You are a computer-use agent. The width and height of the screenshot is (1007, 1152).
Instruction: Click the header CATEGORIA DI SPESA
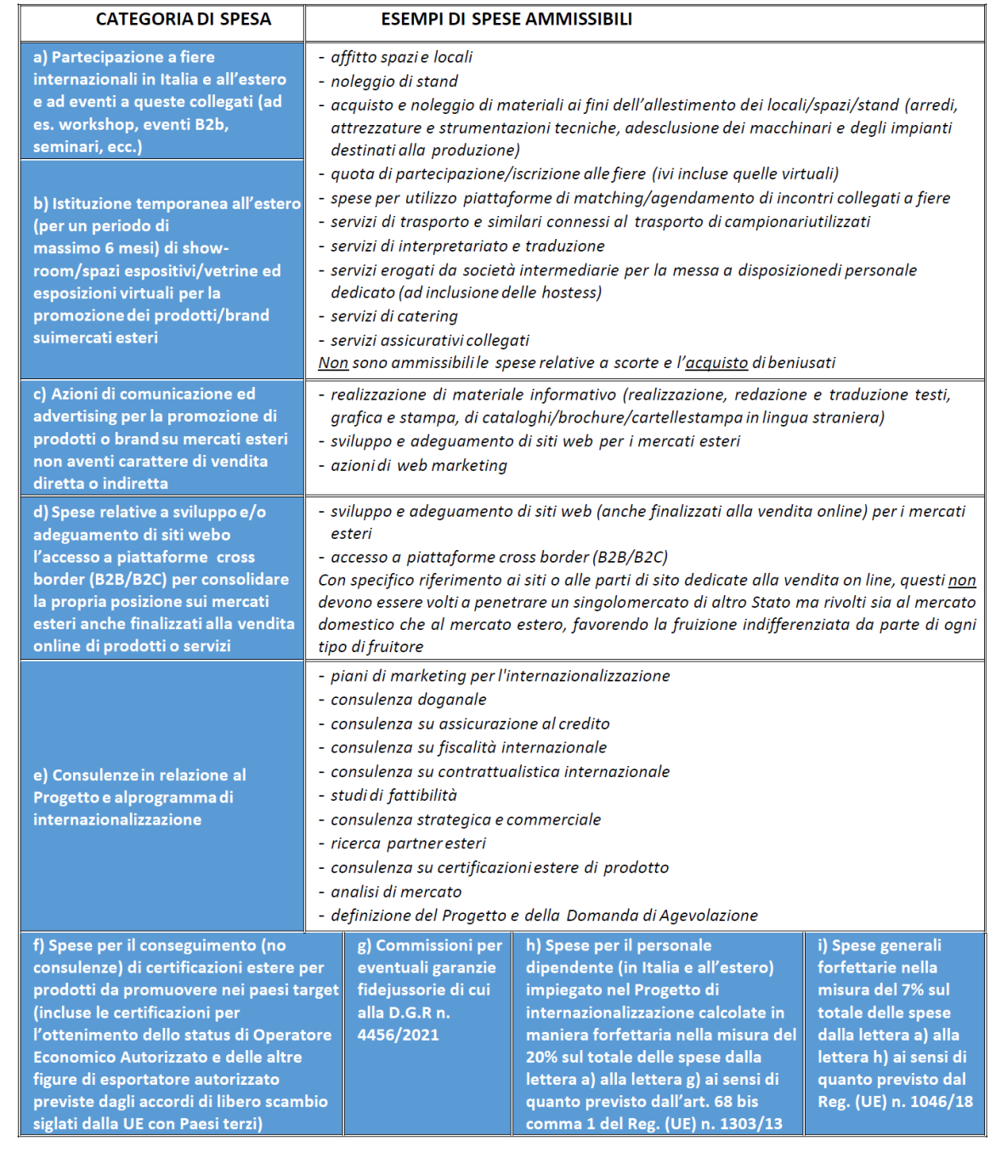click(x=183, y=20)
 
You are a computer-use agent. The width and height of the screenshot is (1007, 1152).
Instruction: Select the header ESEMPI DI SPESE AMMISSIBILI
click(x=506, y=20)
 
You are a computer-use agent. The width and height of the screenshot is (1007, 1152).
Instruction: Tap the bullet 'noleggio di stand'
click(x=393, y=82)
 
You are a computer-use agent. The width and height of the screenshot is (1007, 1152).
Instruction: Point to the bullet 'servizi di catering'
click(x=393, y=316)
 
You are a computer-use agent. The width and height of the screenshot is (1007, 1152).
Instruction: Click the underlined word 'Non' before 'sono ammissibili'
click(x=333, y=363)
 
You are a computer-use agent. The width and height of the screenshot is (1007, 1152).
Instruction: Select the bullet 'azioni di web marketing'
click(x=418, y=466)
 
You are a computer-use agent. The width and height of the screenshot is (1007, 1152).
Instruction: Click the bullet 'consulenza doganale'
click(x=408, y=700)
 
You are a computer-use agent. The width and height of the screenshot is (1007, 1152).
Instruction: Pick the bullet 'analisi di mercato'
click(x=396, y=892)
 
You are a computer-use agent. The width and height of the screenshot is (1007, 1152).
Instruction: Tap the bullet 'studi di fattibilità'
click(x=393, y=796)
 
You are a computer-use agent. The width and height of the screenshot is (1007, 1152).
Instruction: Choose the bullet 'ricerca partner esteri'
click(x=408, y=843)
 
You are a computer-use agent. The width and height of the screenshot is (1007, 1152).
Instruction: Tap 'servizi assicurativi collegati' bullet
click(x=429, y=341)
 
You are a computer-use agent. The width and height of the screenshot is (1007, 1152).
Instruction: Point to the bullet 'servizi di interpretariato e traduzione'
click(x=467, y=247)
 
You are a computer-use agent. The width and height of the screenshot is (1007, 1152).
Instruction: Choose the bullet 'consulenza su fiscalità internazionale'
click(x=468, y=748)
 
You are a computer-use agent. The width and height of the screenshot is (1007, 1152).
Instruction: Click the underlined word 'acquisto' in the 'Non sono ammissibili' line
click(x=716, y=363)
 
